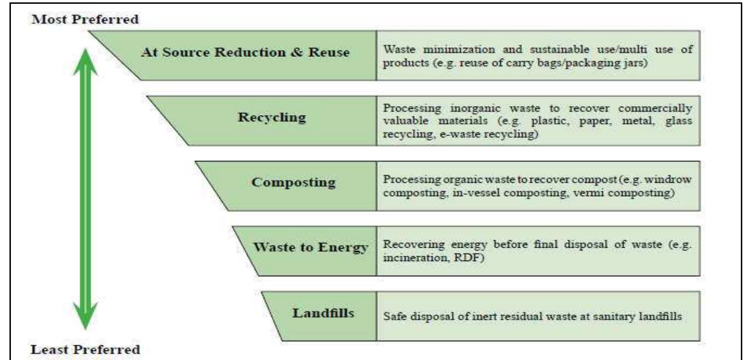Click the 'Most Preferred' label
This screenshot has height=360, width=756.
(85, 19)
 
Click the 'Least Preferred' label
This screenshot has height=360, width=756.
(85, 350)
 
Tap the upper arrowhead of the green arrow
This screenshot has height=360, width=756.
(85, 62)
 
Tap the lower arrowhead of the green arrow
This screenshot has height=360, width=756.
(85, 315)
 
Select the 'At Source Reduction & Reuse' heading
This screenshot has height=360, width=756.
(245, 52)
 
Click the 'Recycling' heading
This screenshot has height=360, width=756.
(272, 117)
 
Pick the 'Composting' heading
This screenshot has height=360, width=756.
(294, 182)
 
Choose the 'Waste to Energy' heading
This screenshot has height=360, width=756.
(311, 247)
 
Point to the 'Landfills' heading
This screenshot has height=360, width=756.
(323, 313)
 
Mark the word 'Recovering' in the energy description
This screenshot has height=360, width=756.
(413, 244)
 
